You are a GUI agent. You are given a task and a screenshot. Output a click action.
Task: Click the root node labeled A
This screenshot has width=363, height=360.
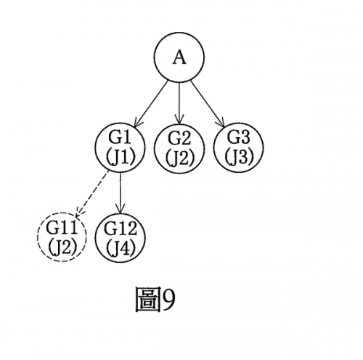click(179, 56)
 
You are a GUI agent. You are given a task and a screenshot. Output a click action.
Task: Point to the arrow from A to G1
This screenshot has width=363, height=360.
click(151, 104)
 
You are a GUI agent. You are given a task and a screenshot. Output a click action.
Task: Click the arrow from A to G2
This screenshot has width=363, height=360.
click(179, 102)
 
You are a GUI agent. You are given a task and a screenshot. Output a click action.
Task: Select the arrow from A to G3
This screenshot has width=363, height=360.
click(208, 104)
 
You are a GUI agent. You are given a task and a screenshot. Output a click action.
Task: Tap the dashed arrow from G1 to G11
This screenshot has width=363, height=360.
click(92, 194)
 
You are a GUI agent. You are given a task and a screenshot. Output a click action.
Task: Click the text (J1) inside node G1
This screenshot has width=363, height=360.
click(120, 158)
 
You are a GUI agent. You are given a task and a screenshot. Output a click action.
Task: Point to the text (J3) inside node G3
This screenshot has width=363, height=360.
click(239, 158)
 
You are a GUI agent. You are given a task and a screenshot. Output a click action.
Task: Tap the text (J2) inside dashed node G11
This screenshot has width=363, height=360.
click(62, 247)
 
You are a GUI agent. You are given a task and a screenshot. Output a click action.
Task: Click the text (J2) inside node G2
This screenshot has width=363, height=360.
click(180, 159)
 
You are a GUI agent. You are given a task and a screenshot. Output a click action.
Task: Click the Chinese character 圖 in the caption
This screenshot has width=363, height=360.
click(148, 300)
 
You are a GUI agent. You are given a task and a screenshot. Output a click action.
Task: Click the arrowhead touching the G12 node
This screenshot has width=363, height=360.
click(120, 209)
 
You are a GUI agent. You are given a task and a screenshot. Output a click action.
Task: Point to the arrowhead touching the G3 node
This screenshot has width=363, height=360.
click(221, 122)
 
